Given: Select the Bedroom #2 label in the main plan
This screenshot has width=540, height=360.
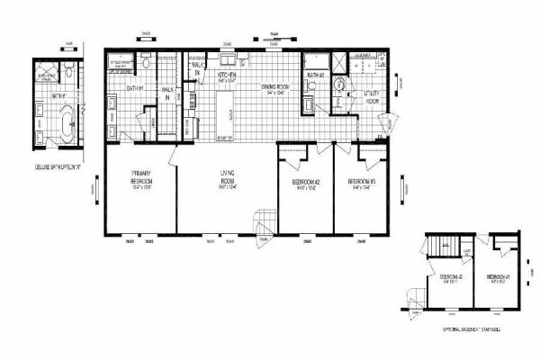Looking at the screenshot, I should click(305, 184).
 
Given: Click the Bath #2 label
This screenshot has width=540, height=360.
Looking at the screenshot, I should click(315, 76).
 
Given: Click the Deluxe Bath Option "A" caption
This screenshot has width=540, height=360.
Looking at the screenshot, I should click(57, 167).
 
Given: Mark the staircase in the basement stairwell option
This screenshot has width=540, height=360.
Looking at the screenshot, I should click(440, 245).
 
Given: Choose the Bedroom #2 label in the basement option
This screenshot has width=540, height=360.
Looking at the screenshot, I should click(450, 278).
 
